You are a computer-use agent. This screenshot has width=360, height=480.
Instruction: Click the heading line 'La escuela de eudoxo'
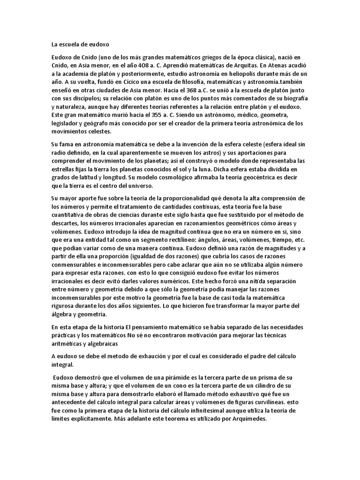[x=80, y=45]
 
